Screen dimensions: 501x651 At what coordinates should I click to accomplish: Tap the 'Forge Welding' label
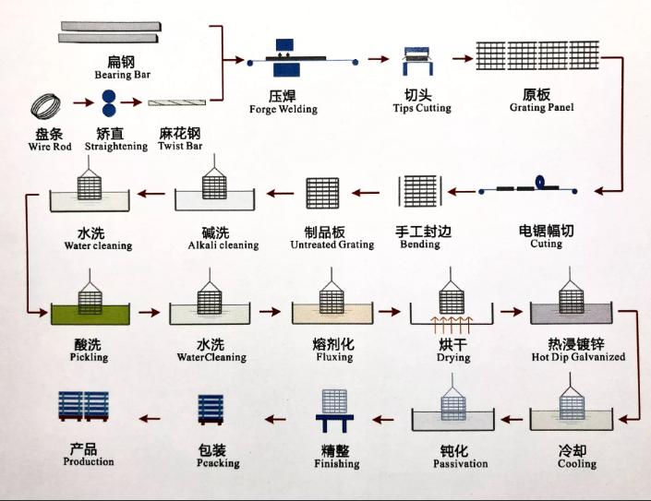pos(283,109)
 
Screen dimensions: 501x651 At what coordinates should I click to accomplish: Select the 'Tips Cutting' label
pos(422,108)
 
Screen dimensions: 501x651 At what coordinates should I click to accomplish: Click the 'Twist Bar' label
pos(180,146)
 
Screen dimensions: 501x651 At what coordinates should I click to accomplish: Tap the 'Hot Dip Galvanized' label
pos(578,356)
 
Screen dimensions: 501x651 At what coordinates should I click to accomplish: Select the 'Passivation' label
pos(460,463)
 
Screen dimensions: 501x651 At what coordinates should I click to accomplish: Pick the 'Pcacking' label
pos(218,463)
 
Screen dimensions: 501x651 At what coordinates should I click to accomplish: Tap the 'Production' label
pos(89,461)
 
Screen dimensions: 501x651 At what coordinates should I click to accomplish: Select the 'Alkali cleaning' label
pos(223,245)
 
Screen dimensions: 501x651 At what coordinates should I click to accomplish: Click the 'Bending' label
pos(420,245)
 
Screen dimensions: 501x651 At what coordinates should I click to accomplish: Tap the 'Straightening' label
pos(115,146)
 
